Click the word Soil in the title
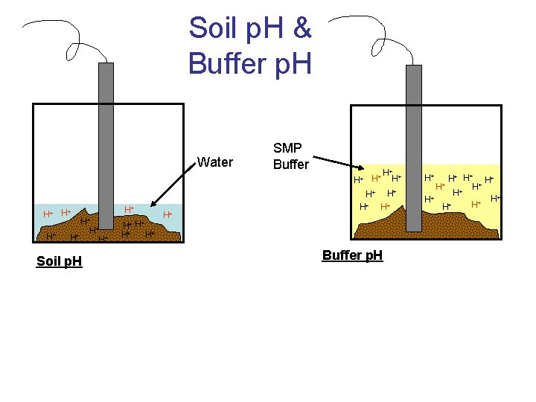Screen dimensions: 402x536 click(x=211, y=28)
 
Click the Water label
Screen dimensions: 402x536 click(x=214, y=162)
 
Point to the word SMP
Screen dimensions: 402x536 click(x=287, y=149)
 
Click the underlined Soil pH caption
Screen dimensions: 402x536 click(x=59, y=261)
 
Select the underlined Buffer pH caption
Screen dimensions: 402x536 click(x=352, y=256)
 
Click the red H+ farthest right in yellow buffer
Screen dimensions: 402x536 click(x=494, y=198)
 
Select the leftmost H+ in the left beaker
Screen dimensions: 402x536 click(x=47, y=214)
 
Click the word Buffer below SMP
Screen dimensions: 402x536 click(x=290, y=165)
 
